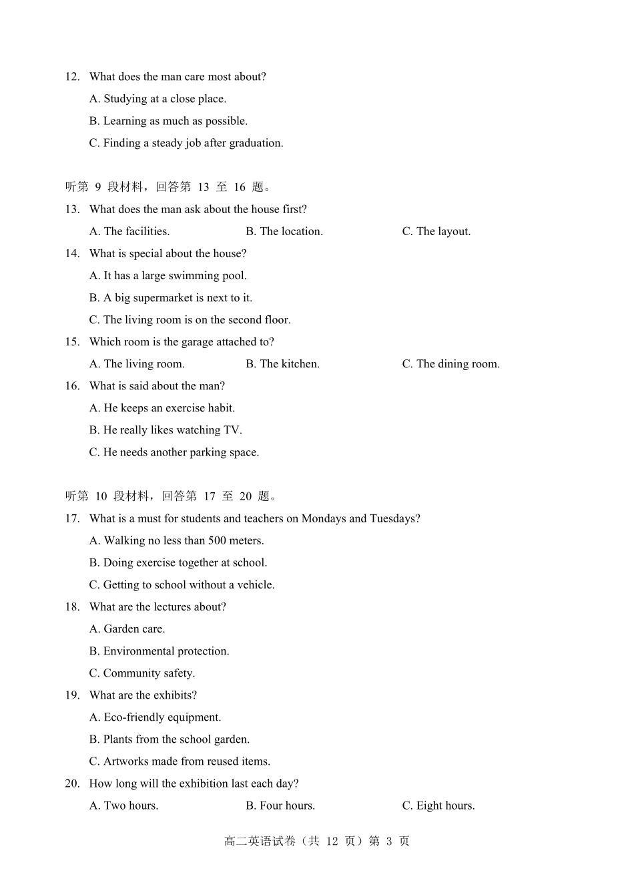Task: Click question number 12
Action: (72, 77)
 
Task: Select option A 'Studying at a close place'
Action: (158, 99)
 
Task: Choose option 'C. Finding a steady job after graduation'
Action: (186, 143)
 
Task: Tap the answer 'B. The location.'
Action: (284, 231)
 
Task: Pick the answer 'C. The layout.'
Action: (436, 231)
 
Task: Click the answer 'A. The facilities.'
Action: (129, 231)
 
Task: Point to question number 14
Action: (72, 253)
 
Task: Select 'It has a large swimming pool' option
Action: (168, 275)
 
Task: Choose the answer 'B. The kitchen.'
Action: (282, 364)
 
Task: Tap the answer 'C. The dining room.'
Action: (450, 364)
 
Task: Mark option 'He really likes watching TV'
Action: (166, 430)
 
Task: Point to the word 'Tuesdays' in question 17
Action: (394, 518)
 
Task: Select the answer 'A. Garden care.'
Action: (127, 629)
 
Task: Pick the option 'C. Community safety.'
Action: (142, 673)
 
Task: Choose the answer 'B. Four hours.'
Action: (280, 806)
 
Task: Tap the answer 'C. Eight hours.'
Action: (438, 806)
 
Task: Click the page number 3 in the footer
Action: (389, 841)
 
